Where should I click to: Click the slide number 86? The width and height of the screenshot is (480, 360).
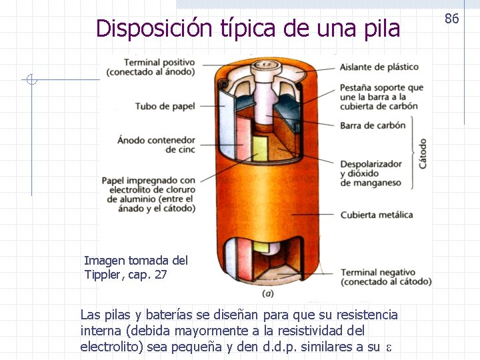click(x=452, y=19)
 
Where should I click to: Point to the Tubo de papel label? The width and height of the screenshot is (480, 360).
click(x=165, y=106)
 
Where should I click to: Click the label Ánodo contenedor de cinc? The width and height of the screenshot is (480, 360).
click(x=156, y=145)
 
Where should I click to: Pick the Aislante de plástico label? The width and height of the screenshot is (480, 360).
click(x=379, y=67)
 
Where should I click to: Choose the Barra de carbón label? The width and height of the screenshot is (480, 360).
click(x=372, y=125)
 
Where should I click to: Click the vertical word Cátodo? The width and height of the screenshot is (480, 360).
click(x=423, y=153)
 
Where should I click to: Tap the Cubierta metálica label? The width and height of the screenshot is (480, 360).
click(x=376, y=215)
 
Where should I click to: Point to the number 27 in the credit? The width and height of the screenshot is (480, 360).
click(x=160, y=274)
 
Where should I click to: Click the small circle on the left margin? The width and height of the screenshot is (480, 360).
click(x=31, y=81)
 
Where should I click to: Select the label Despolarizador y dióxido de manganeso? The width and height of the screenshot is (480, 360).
click(x=371, y=173)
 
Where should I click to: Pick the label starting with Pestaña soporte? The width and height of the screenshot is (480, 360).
click(x=381, y=97)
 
